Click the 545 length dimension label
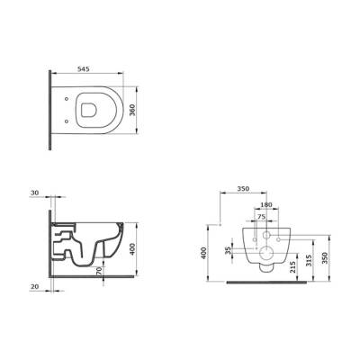point(84,69)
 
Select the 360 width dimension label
point(132,110)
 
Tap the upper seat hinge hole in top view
point(67,99)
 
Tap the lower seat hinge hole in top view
point(67,121)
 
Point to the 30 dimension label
point(35,193)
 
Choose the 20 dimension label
point(35,286)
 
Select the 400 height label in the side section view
point(132,249)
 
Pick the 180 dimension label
point(266,205)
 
